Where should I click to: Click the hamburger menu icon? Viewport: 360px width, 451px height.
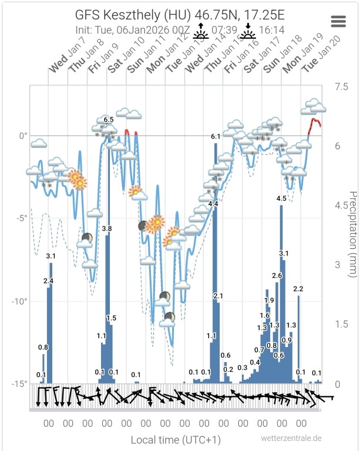click(x=339, y=21)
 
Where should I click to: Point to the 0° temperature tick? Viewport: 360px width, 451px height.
click(x=23, y=136)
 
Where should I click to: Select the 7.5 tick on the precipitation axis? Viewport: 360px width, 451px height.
click(x=340, y=86)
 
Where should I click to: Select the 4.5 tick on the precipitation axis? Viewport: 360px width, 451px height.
click(x=340, y=206)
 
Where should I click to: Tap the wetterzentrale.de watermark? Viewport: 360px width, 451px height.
click(x=292, y=437)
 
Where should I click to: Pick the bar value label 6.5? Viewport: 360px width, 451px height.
click(x=109, y=120)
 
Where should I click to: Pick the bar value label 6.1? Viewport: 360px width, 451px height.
click(x=216, y=136)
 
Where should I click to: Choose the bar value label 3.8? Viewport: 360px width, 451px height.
click(x=107, y=228)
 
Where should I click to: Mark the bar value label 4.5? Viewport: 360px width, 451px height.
click(x=281, y=198)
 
